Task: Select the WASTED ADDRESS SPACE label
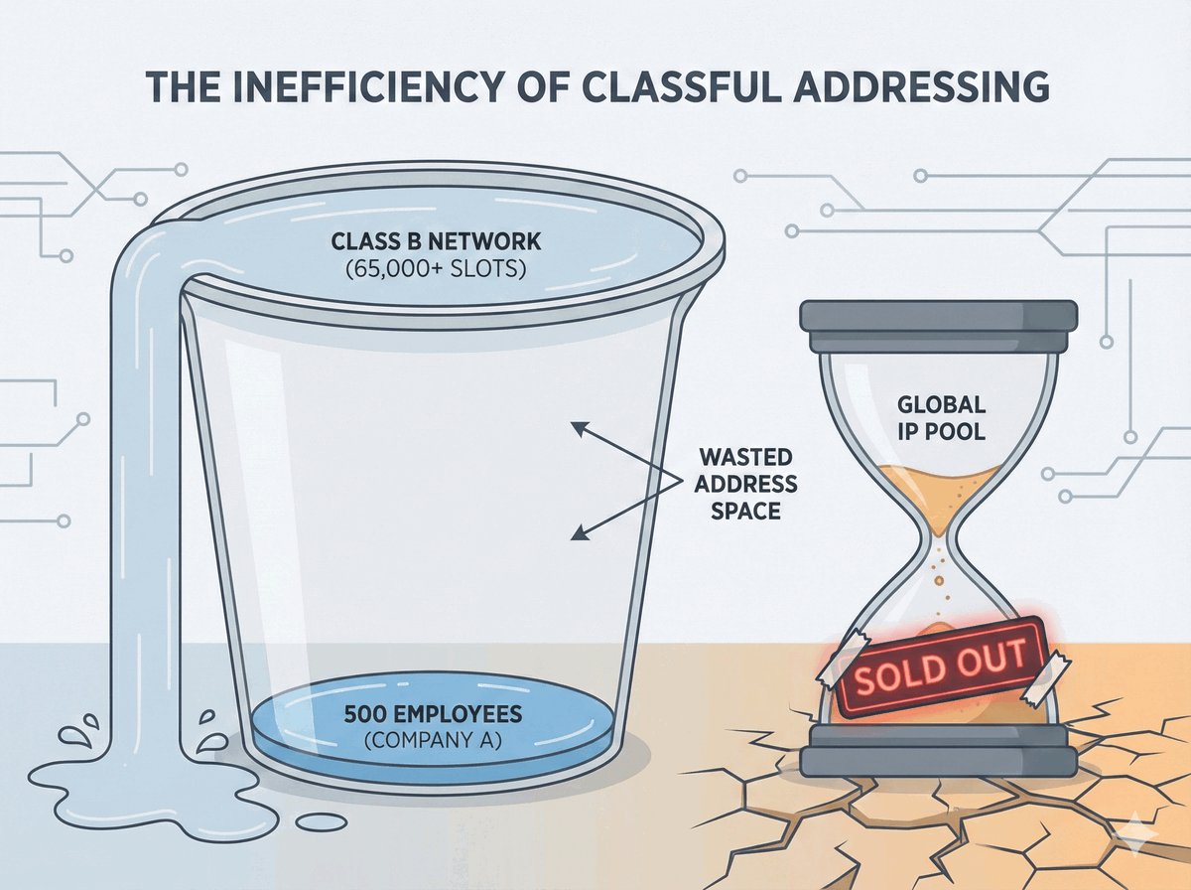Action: (744, 484)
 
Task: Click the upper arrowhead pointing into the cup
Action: (575, 427)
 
